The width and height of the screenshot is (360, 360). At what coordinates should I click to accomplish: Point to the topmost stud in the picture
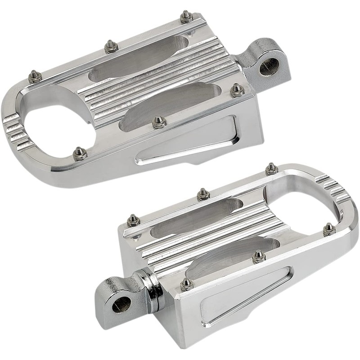pos(186,17)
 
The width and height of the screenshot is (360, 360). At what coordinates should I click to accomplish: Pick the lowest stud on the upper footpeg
pos(80,153)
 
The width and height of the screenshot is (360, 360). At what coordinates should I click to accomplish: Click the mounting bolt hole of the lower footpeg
pos(121,305)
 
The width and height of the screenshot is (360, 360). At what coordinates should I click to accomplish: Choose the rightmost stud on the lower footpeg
pos(328,229)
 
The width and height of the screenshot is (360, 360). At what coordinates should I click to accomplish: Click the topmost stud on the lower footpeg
pos(271,169)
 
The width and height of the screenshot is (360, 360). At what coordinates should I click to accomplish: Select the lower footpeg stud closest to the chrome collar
pos(186,284)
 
